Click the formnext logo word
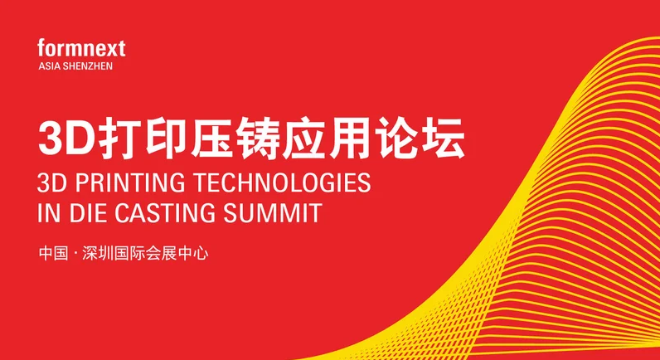point(81,47)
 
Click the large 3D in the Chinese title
point(68,138)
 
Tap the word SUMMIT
point(273,213)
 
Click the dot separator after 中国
point(75,255)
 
